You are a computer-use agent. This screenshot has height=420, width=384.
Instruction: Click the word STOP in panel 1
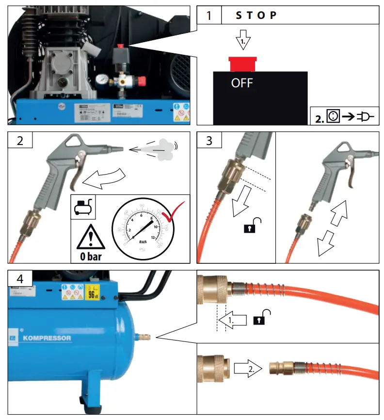click(x=256, y=15)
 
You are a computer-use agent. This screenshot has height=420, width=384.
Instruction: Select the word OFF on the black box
click(x=242, y=83)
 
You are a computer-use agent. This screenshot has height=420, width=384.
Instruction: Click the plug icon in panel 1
click(x=365, y=117)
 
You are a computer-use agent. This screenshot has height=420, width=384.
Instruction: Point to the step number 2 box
click(x=20, y=141)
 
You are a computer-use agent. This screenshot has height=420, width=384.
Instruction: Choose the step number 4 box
click(x=20, y=279)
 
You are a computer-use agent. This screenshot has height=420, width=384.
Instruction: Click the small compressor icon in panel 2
click(x=82, y=207)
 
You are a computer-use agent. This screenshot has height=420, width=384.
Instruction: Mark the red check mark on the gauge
click(x=172, y=211)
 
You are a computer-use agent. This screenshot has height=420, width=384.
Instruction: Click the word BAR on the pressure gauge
click(x=143, y=240)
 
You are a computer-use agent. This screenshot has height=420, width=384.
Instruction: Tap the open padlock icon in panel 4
click(x=261, y=317)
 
